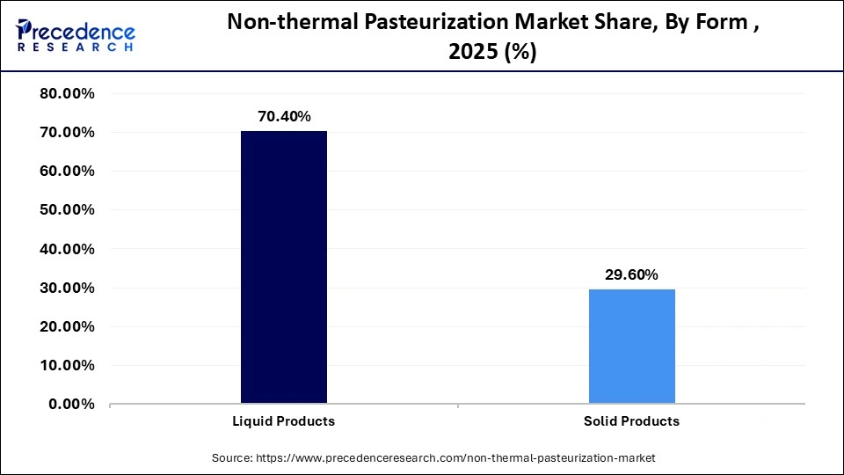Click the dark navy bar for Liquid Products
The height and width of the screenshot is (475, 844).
(284, 267)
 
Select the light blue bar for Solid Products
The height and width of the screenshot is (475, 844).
(631, 347)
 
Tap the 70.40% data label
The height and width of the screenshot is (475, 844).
(284, 116)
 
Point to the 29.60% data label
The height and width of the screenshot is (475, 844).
(631, 274)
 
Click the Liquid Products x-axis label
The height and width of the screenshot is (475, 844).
(284, 421)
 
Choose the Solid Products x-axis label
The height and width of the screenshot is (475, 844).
(631, 421)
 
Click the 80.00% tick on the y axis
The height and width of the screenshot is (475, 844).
(68, 94)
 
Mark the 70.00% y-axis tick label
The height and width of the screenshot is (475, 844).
(68, 133)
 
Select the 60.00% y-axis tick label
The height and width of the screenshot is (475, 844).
(68, 172)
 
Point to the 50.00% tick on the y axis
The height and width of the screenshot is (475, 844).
(68, 210)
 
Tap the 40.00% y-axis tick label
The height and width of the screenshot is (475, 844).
(68, 249)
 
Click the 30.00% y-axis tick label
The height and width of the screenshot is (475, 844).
(68, 288)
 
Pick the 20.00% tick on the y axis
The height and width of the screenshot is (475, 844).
(68, 326)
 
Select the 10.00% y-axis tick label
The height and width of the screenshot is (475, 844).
(68, 365)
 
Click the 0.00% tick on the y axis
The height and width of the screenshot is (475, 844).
(72, 404)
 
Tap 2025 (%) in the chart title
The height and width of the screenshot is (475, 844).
(492, 53)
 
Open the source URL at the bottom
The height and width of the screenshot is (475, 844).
(455, 458)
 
